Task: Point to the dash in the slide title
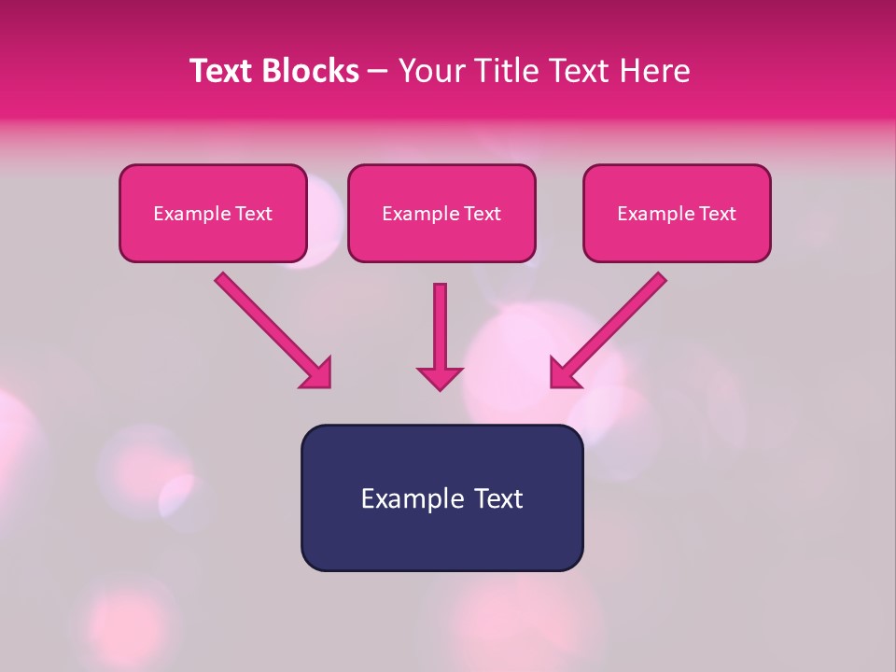point(378,72)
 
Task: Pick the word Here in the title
point(655,71)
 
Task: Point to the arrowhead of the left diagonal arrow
point(317,373)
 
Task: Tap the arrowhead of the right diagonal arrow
point(565,373)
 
